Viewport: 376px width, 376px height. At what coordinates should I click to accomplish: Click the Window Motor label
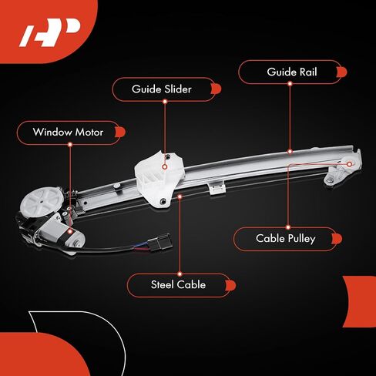point(68,133)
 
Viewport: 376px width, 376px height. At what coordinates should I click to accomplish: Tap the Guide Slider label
point(162,89)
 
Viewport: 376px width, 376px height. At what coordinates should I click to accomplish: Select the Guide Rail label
point(292,72)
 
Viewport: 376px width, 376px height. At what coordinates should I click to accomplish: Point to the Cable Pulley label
point(286,239)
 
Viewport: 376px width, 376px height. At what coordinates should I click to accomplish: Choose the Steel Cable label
point(178,284)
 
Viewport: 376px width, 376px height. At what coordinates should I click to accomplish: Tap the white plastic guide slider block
point(159,178)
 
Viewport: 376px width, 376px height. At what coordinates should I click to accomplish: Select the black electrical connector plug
point(160,242)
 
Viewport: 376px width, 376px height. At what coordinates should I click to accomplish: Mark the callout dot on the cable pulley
point(349,164)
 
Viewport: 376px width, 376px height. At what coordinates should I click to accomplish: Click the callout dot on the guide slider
point(165,166)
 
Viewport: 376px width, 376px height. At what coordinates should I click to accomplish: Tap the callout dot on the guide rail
point(290,152)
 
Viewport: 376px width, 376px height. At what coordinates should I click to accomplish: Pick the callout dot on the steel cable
point(180,196)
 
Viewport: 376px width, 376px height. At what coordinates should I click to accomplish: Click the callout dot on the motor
point(70,231)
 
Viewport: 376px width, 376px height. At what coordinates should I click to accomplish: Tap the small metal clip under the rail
point(217,188)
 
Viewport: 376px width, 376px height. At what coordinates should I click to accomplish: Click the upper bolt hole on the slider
point(167,156)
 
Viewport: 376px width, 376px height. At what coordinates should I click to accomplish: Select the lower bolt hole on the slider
point(163,201)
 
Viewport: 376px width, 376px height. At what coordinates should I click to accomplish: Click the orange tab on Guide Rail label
point(342,72)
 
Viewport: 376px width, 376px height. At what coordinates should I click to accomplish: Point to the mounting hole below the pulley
point(329,180)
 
